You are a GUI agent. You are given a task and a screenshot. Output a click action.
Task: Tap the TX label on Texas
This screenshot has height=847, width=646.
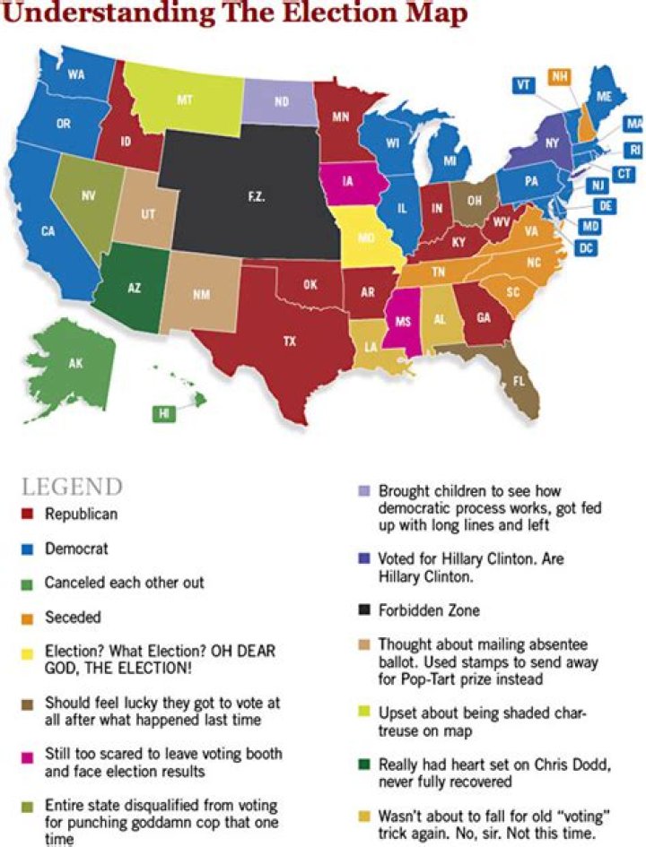289,341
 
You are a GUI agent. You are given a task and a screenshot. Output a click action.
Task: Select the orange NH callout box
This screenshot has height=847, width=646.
560,77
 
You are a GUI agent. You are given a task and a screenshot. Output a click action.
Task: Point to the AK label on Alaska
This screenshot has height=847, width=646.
75,364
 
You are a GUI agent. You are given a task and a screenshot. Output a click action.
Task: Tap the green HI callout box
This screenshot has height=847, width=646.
163,413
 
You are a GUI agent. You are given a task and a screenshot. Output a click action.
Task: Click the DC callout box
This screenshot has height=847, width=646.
587,246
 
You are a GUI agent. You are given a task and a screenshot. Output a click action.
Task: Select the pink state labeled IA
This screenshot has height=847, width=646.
346,180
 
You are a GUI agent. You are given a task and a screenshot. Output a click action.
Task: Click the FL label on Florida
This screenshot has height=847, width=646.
518,380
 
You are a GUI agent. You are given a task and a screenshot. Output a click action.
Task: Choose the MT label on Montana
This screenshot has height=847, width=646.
184,100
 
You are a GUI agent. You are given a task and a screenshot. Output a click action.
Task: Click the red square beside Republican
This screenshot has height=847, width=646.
27,515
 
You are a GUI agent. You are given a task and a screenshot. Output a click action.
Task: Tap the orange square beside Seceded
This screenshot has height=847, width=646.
27,618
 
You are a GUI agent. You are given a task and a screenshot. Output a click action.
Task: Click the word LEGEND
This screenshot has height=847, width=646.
71,488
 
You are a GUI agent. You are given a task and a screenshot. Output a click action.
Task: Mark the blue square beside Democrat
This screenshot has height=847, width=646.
27,549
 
